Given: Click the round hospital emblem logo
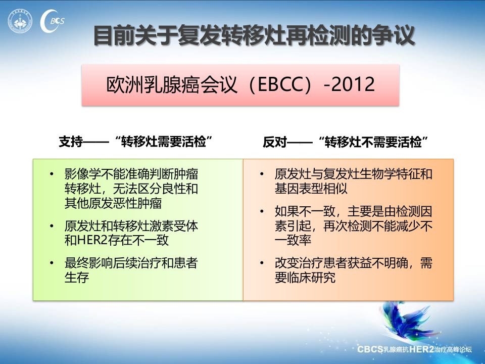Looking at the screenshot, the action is point(20,21).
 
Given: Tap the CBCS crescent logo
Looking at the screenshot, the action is point(52,21).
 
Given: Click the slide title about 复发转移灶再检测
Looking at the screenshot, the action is point(254,35).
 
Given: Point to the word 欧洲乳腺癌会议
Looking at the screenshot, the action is point(172,84).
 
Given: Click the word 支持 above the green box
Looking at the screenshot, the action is point(71,142).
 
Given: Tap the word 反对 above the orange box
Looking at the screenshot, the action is point(275,142).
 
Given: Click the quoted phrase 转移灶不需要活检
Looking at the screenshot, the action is point(373,142).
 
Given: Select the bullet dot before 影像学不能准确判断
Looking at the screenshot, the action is point(52,174).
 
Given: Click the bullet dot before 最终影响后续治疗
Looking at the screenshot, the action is point(52,263).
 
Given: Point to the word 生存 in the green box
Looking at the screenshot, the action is point(77,278).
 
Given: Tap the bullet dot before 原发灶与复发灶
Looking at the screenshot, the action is point(262,174).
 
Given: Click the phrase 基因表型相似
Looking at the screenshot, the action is point(311,189).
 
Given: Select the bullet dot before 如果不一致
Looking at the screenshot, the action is point(262,211).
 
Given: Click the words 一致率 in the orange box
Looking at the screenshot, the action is point(293,240).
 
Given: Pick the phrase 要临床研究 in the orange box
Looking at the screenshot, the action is point(305,278).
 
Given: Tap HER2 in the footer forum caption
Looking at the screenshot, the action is point(421,349).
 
